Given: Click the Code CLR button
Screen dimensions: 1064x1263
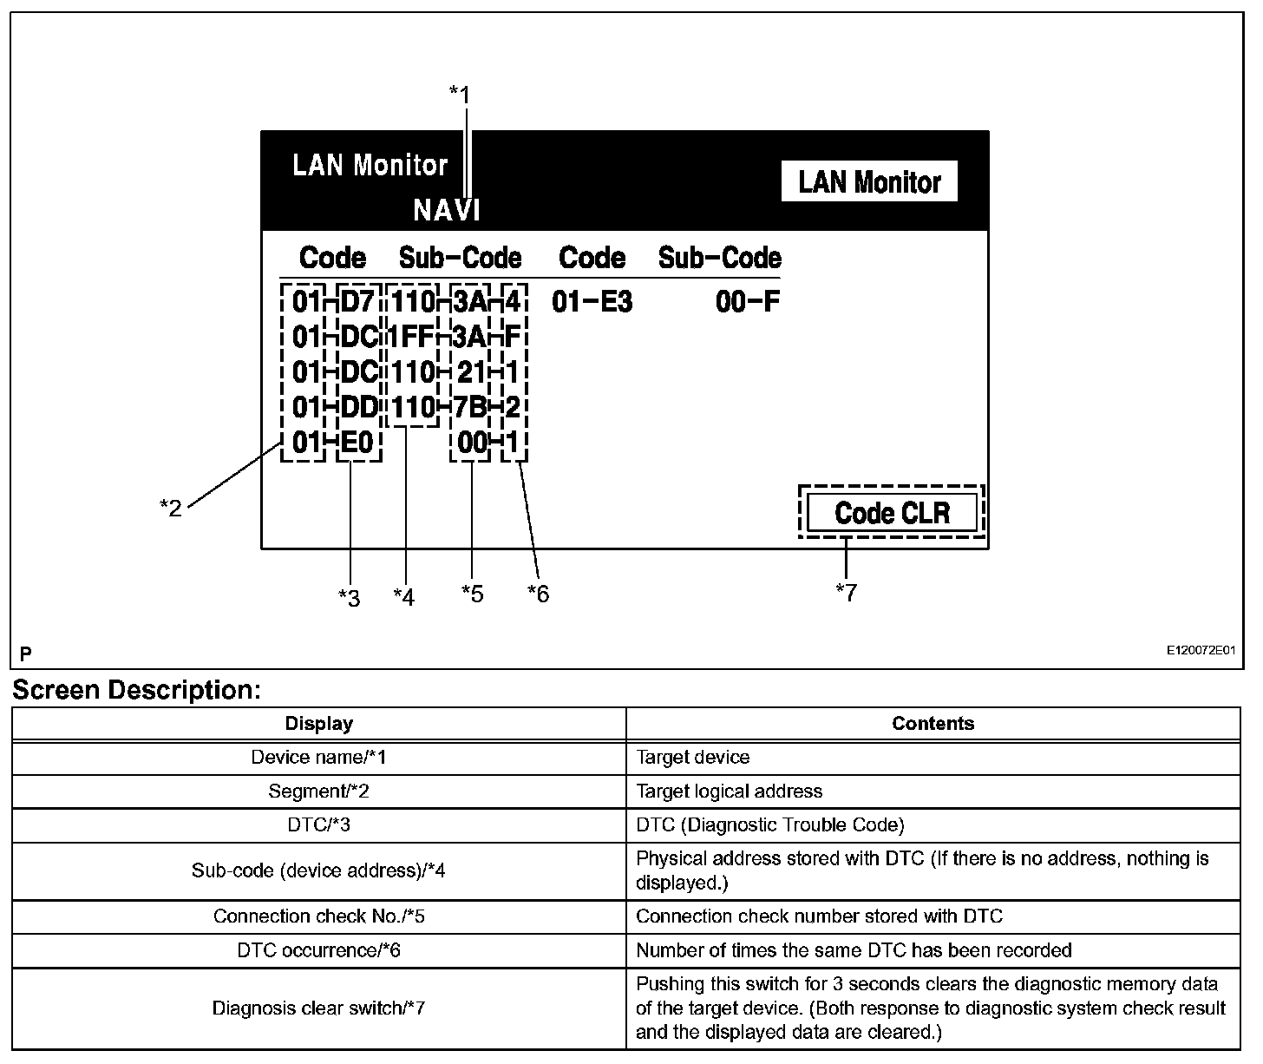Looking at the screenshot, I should pyautogui.click(x=892, y=513).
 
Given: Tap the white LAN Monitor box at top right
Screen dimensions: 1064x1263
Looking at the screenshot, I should pyautogui.click(x=869, y=181).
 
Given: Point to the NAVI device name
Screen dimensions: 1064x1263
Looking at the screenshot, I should pyautogui.click(x=446, y=210).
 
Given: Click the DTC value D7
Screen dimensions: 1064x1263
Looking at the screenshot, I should pyautogui.click(x=357, y=302).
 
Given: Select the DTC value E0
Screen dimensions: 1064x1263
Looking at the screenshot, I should pyautogui.click(x=357, y=443).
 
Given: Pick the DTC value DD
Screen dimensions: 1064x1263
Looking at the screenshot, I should pyautogui.click(x=358, y=407).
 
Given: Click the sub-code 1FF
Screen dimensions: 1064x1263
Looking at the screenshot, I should pyautogui.click(x=411, y=337).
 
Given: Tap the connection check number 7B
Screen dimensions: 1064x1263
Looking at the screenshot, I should pyautogui.click(x=469, y=407).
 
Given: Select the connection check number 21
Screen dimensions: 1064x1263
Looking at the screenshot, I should pyautogui.click(x=471, y=372).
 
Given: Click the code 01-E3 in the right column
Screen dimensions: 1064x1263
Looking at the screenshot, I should pyautogui.click(x=592, y=302).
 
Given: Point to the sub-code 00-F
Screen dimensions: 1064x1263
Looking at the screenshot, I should pyautogui.click(x=748, y=302).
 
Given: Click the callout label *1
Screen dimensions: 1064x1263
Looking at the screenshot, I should pyautogui.click(x=460, y=94).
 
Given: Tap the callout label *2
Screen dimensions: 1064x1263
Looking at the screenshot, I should pyautogui.click(x=171, y=508).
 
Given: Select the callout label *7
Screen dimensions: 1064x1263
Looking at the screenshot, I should pyautogui.click(x=846, y=592).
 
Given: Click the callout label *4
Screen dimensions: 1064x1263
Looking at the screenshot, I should pyautogui.click(x=404, y=596).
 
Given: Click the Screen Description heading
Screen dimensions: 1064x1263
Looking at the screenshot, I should pyautogui.click(x=136, y=691).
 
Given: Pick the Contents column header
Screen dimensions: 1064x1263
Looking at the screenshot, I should pyautogui.click(x=933, y=724).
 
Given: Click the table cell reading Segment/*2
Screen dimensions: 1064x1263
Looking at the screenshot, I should pyautogui.click(x=318, y=791).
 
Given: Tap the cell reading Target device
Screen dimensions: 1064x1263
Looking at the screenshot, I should pyautogui.click(x=692, y=758).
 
